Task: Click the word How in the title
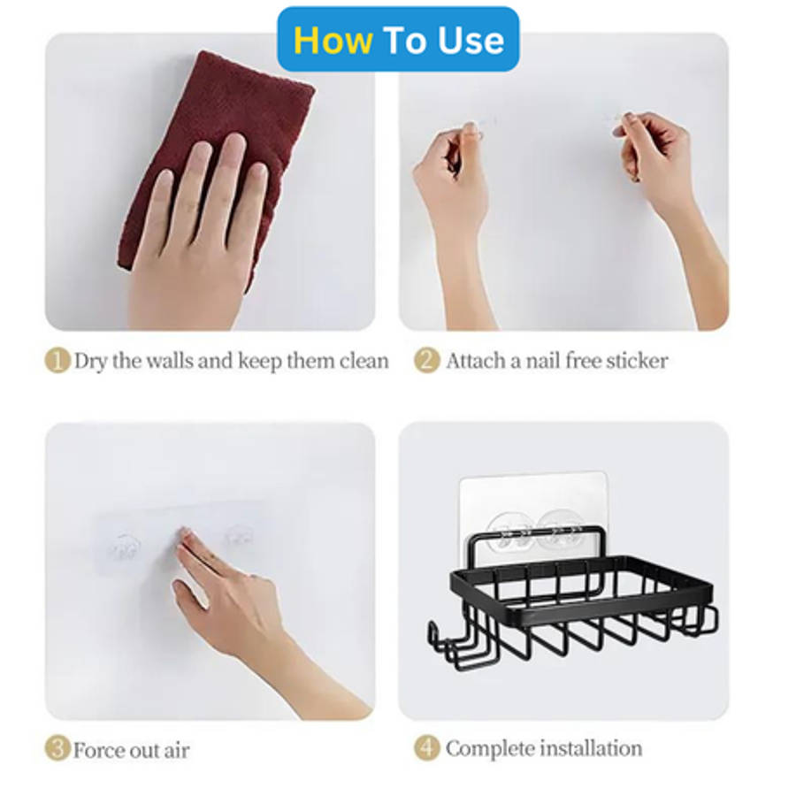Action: [333, 40]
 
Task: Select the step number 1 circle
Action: [57, 361]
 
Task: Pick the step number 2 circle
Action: [426, 361]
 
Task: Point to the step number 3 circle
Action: [57, 749]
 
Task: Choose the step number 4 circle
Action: [426, 747]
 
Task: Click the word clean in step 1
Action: [364, 361]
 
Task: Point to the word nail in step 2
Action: [542, 361]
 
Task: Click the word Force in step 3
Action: [98, 750]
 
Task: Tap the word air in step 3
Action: [176, 751]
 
